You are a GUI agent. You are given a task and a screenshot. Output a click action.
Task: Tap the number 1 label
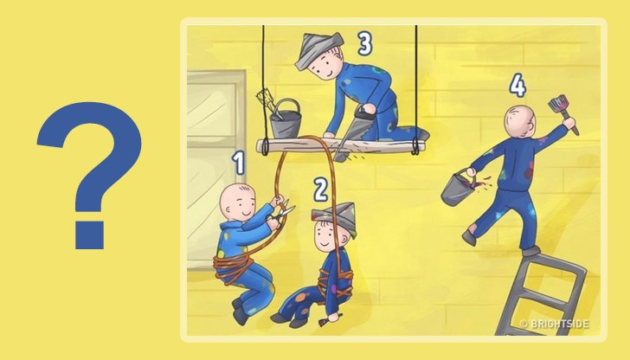click(x=240, y=163)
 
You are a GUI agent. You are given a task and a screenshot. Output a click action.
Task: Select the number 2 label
click(x=320, y=190)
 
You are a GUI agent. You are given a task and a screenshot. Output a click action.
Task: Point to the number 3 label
click(x=364, y=43)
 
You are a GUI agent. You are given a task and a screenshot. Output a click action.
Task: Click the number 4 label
click(x=517, y=86)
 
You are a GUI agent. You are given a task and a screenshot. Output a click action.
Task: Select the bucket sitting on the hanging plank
click(x=286, y=119)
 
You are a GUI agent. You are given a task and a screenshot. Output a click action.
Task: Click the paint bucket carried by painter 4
click(x=459, y=189)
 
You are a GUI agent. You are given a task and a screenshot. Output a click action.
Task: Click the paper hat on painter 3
click(x=319, y=50)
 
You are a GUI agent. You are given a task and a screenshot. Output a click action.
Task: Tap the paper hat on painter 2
click(x=335, y=218)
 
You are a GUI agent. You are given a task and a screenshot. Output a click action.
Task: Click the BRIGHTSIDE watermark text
click(x=560, y=324)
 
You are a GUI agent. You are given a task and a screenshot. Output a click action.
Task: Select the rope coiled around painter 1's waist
click(x=232, y=267)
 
